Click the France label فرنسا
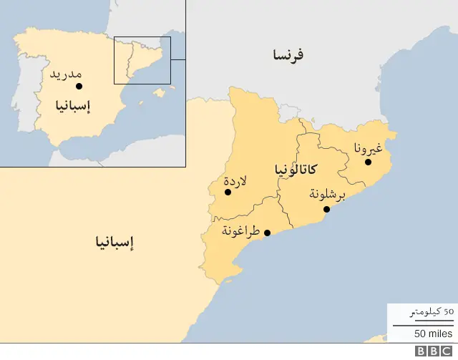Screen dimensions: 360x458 pyautogui.click(x=288, y=54)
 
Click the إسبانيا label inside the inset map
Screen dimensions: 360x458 pyautogui.click(x=73, y=107)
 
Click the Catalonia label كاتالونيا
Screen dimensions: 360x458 pyautogui.click(x=296, y=170)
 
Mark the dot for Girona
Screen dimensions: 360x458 pyautogui.click(x=369, y=162)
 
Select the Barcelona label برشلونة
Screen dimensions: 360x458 pyautogui.click(x=327, y=195)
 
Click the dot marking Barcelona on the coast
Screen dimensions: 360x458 pyautogui.click(x=326, y=209)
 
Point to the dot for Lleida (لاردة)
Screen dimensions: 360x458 pyautogui.click(x=228, y=192)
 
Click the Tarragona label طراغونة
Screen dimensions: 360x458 pyautogui.click(x=240, y=230)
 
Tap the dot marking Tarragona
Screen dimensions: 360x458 pyautogui.click(x=267, y=233)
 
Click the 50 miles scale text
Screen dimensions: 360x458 pyautogui.click(x=433, y=334)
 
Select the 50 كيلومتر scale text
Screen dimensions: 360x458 pyautogui.click(x=432, y=312)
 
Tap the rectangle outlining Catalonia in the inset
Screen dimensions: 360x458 pyautogui.click(x=142, y=60)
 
